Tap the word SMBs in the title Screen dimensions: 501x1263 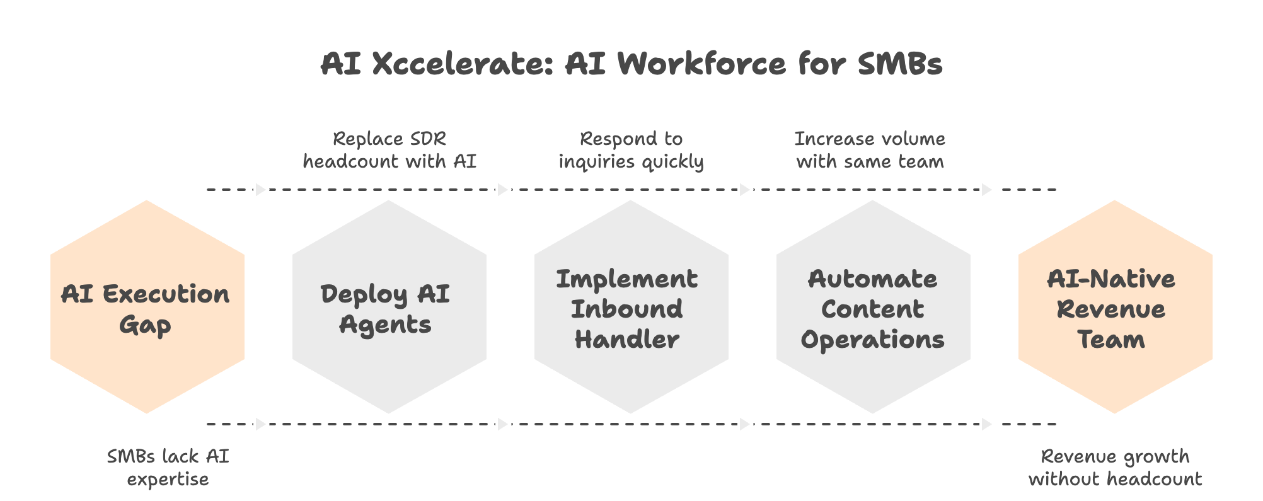[900, 64]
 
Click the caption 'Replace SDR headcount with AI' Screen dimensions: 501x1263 [389, 150]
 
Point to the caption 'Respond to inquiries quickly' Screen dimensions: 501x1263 [631, 150]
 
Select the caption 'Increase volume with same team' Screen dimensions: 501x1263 [870, 150]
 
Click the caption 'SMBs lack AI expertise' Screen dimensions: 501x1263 [168, 468]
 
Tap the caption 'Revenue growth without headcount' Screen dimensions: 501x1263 [1115, 468]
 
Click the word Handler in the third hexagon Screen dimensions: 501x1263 [626, 340]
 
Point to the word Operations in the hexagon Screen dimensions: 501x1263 [872, 340]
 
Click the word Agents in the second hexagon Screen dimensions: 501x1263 [385, 325]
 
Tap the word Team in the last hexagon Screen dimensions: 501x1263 [1110, 340]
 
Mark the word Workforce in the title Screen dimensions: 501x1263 [701, 64]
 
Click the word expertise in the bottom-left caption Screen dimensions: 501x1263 [168, 480]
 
